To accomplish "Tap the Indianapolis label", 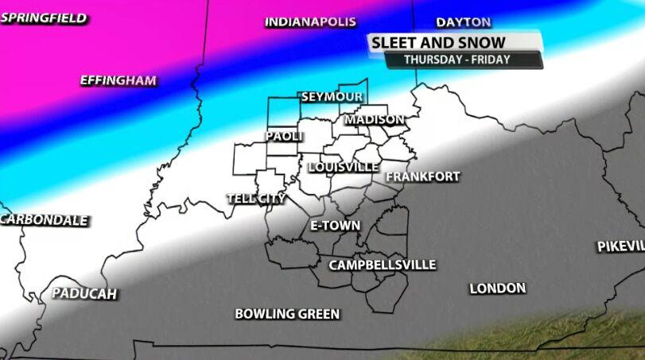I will click(310, 22).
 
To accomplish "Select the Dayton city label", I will click(464, 22).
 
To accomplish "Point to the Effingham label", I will click(119, 80).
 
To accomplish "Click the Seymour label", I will click(332, 97).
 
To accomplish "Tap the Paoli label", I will click(285, 137).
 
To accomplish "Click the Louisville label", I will click(344, 167).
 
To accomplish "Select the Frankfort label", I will click(422, 176).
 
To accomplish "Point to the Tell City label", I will click(256, 199).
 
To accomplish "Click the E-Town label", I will click(335, 226).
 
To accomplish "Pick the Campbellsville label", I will click(383, 265).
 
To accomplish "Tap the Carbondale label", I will click(45, 220).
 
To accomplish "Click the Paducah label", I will click(84, 294).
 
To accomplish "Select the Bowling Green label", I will click(287, 314).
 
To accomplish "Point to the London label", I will click(498, 288).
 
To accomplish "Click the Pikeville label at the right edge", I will click(621, 246).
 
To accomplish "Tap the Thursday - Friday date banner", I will click(457, 60).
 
